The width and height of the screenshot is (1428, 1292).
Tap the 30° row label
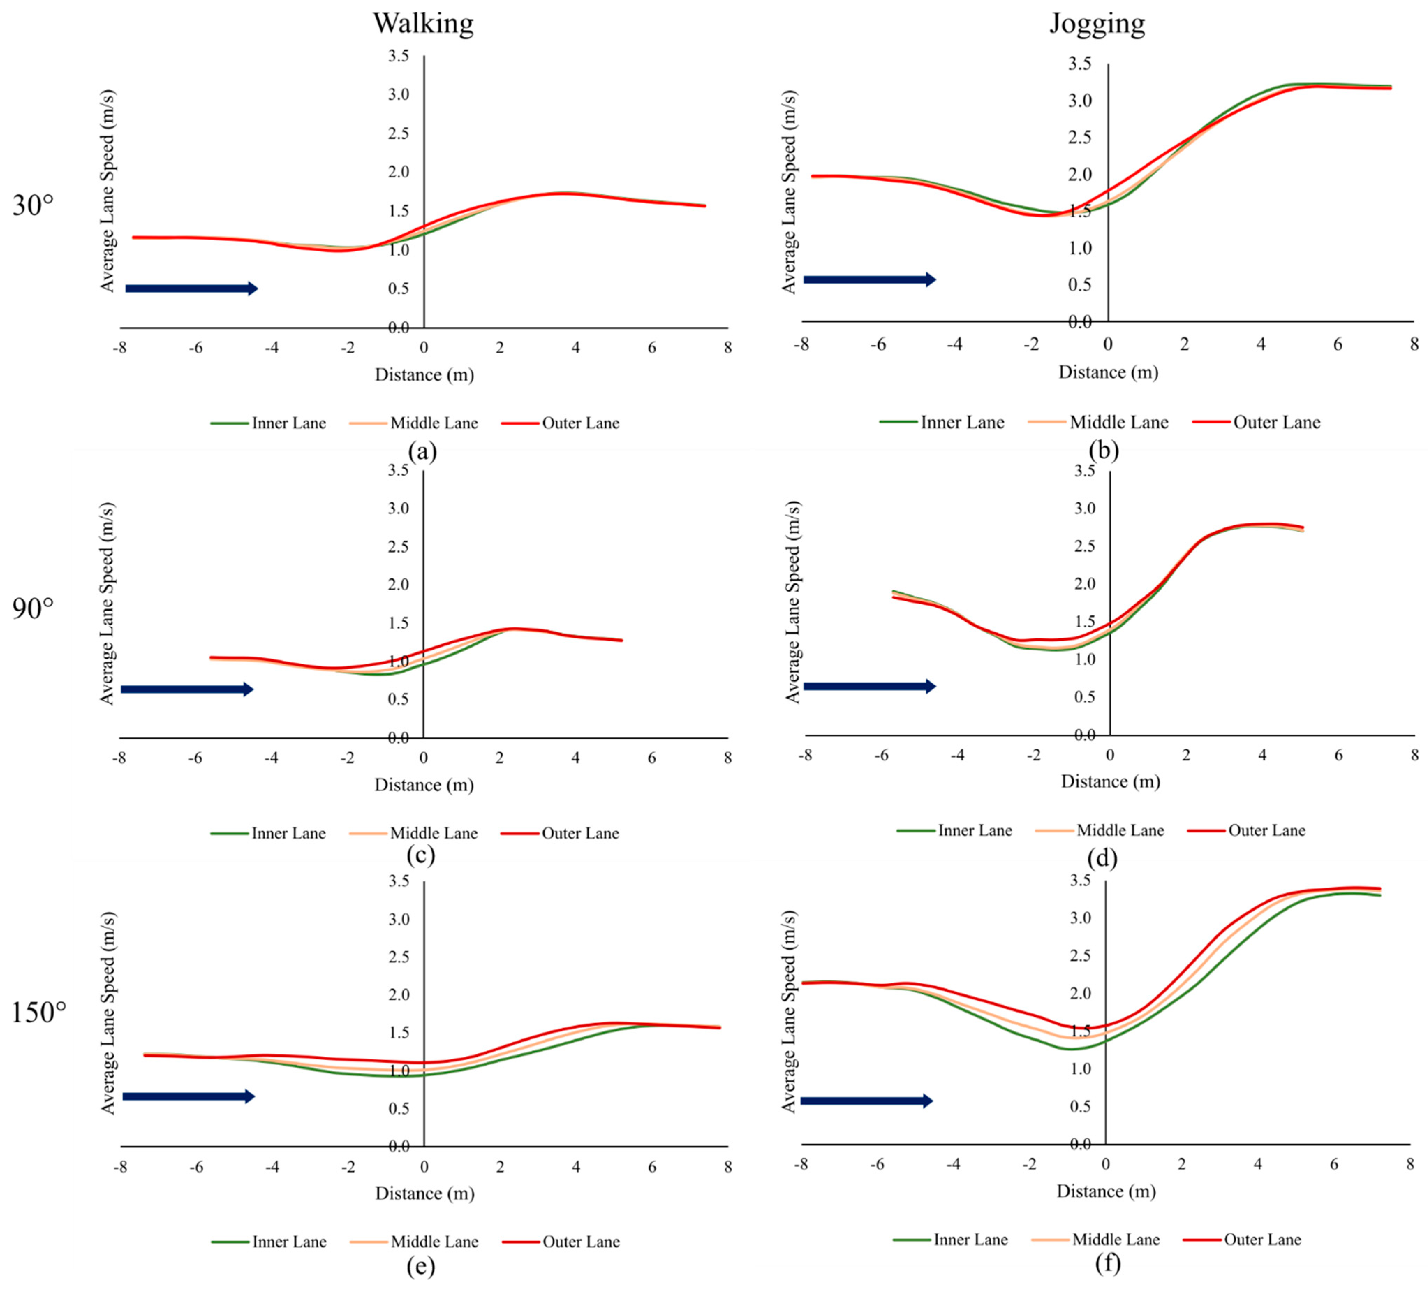pos(33,205)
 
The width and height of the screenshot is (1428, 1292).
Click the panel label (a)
pos(422,451)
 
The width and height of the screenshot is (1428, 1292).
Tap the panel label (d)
pos(1102,858)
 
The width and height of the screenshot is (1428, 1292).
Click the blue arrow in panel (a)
pos(191,289)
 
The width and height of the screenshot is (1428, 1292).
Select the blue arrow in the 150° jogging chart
pos(867,1101)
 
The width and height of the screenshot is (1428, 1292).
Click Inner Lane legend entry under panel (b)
pos(942,422)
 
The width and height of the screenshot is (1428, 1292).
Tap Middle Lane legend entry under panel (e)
pos(414,1242)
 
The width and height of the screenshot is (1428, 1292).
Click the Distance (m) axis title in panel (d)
pos(1110,782)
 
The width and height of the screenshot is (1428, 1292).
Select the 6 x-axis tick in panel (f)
pos(1334,1165)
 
